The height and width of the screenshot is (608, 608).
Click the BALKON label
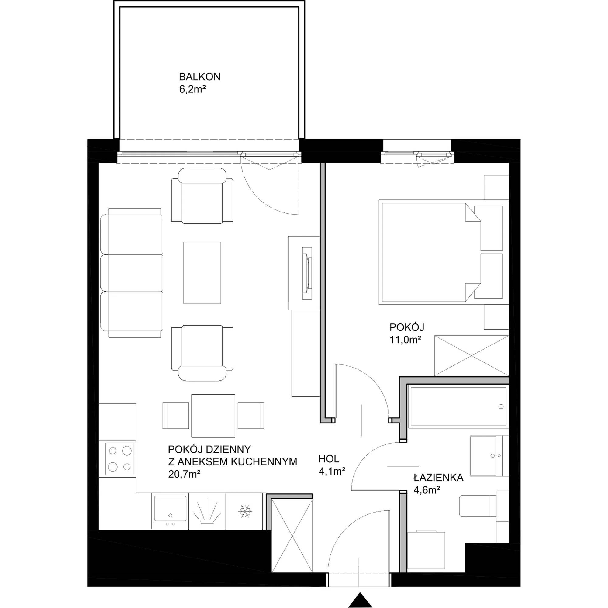(199, 77)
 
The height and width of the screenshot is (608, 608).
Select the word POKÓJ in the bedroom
(406, 327)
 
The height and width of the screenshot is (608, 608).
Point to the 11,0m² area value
(405, 340)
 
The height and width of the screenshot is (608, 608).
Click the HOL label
(329, 459)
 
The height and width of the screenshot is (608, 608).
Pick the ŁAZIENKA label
(438, 478)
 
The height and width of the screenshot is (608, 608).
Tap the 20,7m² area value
(185, 474)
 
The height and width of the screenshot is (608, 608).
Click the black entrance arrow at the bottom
(360, 600)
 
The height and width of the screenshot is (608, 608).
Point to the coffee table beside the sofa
(202, 273)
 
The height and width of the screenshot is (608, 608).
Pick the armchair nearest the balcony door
(202, 195)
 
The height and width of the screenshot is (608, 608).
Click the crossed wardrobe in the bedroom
(471, 356)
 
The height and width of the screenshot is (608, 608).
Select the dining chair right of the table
(251, 415)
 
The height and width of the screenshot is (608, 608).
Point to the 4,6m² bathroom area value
(427, 490)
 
